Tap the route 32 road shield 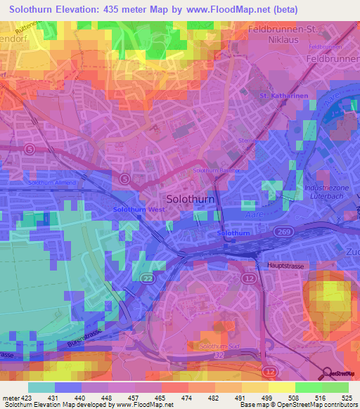219,357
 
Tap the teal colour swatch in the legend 41,387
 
